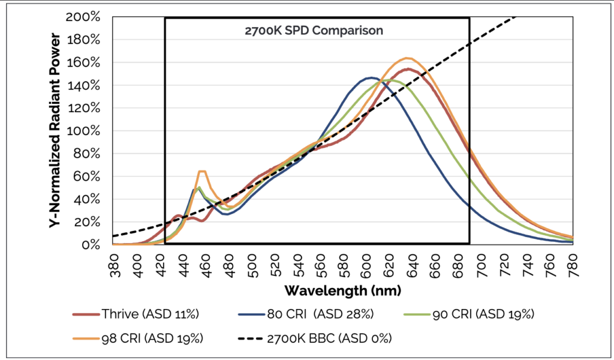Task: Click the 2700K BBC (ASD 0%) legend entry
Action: point(324,337)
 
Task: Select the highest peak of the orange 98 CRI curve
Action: point(407,58)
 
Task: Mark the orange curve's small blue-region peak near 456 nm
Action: point(202,172)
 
